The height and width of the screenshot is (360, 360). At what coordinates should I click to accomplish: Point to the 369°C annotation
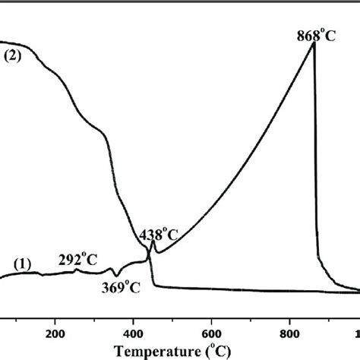(122, 286)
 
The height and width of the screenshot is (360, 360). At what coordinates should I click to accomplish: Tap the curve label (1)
(22, 264)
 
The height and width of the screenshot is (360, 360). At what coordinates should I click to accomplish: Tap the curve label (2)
(14, 55)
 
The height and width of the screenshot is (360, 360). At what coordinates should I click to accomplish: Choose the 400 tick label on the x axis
(134, 331)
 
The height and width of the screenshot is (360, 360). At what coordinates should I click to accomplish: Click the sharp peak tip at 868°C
(314, 43)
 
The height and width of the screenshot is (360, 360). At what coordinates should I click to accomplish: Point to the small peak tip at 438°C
(153, 242)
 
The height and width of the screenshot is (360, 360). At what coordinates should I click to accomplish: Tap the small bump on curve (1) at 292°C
(76, 270)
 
